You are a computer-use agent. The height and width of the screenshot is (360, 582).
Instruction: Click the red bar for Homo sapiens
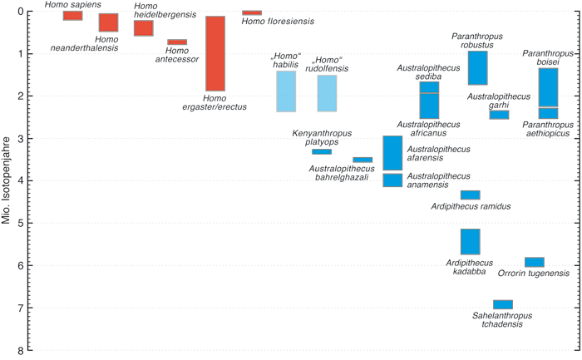72,15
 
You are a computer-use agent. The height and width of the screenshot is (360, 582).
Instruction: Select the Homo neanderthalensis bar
108,22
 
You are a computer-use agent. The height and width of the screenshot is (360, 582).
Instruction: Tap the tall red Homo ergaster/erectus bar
215,53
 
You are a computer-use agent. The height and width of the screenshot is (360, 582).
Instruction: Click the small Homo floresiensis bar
251,12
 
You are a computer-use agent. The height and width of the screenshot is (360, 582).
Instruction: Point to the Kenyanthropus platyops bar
321,151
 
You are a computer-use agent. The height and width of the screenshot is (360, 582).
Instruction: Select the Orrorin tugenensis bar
534,262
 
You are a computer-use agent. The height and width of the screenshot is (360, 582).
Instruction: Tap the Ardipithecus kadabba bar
470,241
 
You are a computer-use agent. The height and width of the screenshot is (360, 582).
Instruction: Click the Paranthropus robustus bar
477,67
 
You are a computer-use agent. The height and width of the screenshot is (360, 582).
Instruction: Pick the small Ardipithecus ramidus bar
470,195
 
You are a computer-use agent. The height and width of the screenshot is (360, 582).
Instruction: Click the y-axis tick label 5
30,223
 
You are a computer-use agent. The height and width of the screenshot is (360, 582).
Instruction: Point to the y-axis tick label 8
30,349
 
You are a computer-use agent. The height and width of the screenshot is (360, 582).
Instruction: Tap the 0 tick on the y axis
30,12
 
